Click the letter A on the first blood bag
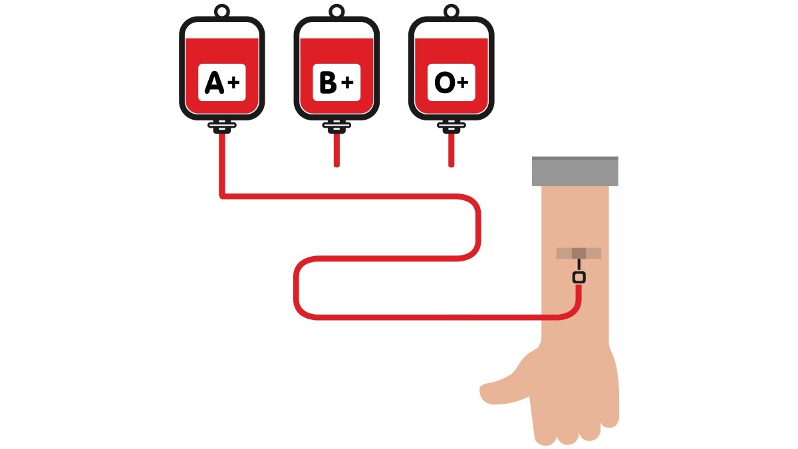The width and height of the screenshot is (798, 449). [x=214, y=82]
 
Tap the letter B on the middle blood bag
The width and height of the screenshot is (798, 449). [x=328, y=82]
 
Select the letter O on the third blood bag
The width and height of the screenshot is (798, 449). [x=445, y=82]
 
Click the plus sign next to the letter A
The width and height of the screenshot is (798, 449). [x=233, y=83]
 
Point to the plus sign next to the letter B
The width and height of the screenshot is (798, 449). [x=347, y=83]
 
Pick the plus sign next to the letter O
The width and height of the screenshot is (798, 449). [x=462, y=83]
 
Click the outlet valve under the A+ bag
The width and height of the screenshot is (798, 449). [x=222, y=126]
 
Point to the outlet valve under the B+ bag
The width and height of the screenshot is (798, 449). [x=336, y=126]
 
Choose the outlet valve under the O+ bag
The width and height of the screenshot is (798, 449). [x=452, y=126]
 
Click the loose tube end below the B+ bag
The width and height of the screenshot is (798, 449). [x=336, y=165]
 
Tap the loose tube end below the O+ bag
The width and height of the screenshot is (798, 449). [x=452, y=165]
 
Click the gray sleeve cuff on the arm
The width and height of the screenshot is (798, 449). [x=575, y=171]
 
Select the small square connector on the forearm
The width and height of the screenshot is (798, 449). [x=579, y=277]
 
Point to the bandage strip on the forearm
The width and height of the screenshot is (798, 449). [x=579, y=253]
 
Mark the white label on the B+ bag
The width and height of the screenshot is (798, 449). [x=336, y=82]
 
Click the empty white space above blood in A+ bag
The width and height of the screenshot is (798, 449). [x=222, y=30]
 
